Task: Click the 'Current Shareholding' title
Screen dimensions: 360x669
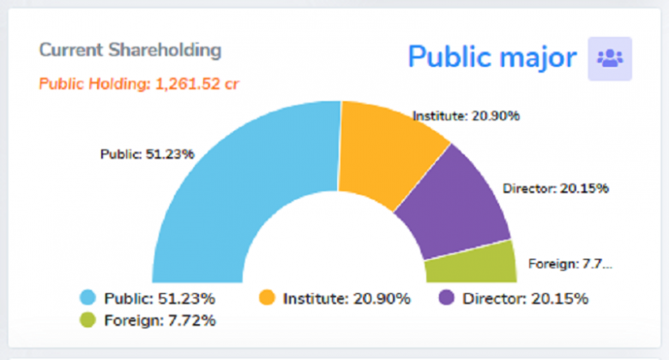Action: click(x=130, y=50)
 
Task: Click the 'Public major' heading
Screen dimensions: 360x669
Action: click(x=491, y=57)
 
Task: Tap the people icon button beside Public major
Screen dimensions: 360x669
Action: click(x=610, y=58)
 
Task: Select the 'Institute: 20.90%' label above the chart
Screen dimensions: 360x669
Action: click(x=466, y=116)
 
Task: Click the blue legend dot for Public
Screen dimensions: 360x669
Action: click(x=87, y=298)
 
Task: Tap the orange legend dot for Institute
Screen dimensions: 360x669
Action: click(x=267, y=298)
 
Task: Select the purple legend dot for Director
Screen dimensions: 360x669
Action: click(x=446, y=298)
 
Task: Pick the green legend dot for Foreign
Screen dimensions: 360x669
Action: click(x=87, y=321)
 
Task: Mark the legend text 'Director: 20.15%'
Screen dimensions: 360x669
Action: click(x=525, y=299)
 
